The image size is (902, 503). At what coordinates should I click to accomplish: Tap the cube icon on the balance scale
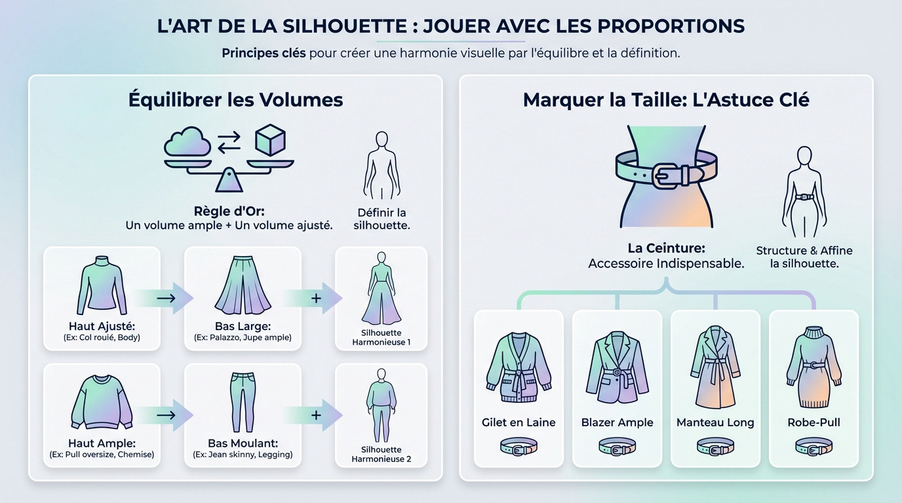point(270,139)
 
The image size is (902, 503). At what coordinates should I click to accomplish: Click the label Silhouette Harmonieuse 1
point(381,337)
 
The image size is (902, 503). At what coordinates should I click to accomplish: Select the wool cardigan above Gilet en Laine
point(519,367)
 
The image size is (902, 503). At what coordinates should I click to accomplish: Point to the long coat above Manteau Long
point(715,366)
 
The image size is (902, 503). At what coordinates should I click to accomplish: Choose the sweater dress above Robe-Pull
point(814,366)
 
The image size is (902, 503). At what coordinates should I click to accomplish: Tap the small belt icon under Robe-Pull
point(814,448)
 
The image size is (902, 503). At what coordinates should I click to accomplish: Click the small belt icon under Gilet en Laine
point(519,448)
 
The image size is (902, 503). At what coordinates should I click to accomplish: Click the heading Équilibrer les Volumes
point(235,100)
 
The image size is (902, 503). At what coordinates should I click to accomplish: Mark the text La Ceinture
point(665,248)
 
